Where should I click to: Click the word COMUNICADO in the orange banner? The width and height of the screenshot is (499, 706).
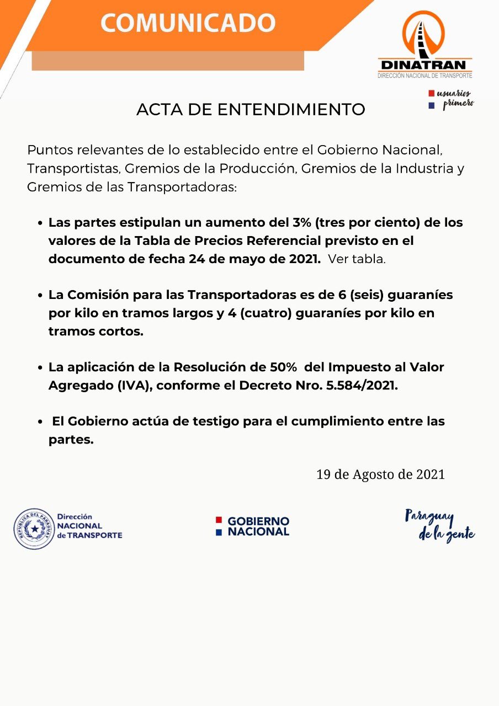(x=188, y=23)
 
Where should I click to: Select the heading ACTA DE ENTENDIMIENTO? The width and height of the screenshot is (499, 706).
(x=251, y=109)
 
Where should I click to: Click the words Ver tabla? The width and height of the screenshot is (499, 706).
(x=357, y=259)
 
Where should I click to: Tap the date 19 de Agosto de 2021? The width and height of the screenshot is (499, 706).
(x=380, y=474)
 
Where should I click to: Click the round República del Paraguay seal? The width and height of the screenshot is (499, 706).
(x=34, y=528)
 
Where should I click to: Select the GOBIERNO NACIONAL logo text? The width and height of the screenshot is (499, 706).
(x=258, y=526)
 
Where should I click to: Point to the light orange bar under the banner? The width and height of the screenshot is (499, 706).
(x=168, y=61)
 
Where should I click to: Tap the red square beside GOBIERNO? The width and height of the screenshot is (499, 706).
(x=219, y=520)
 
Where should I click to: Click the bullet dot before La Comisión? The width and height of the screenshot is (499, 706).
(x=40, y=296)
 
